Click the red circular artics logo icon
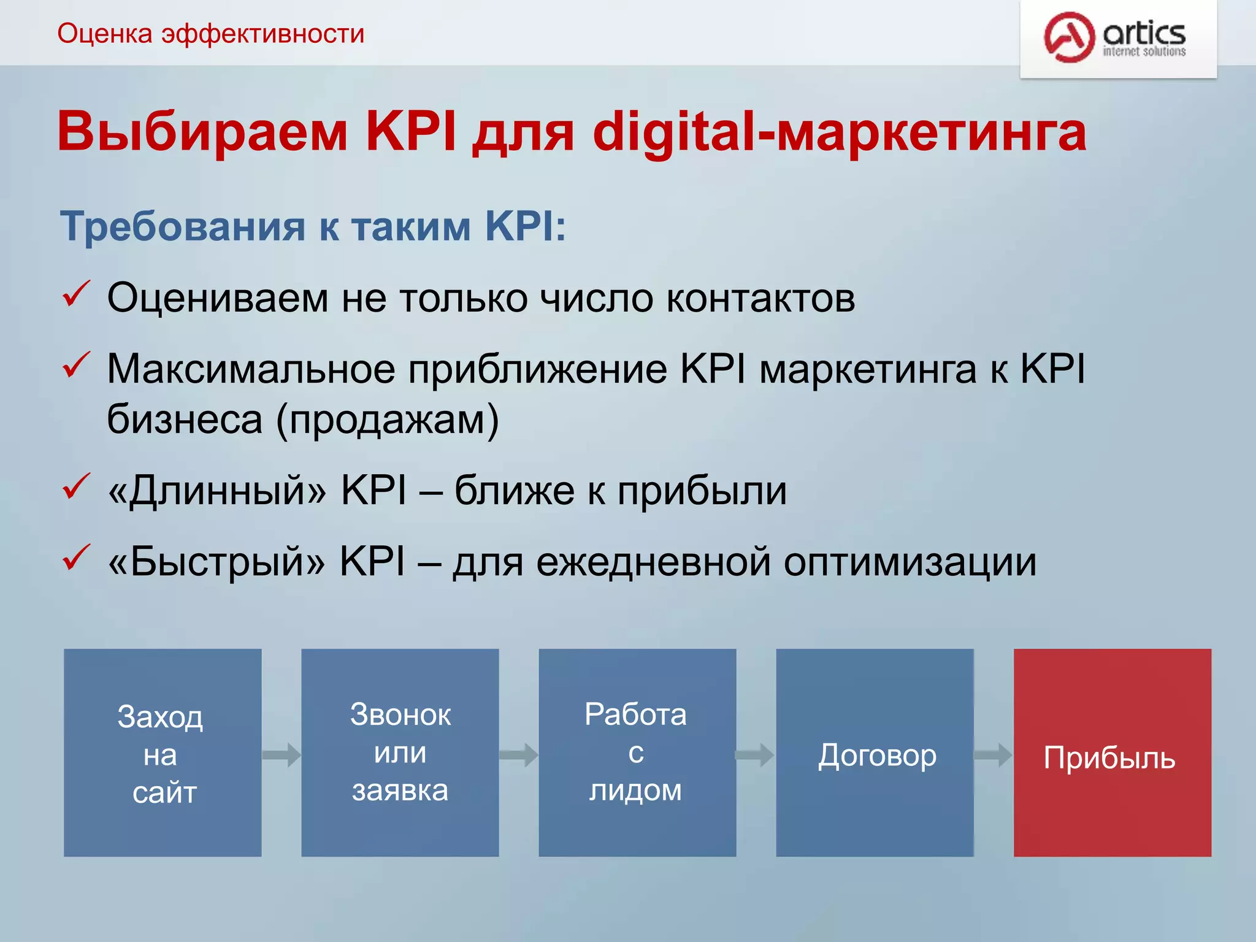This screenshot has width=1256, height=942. tap(1069, 37)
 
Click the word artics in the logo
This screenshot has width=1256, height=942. tap(1144, 32)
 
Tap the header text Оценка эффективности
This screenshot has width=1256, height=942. tap(210, 34)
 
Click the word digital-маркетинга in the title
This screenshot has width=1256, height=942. tap(839, 132)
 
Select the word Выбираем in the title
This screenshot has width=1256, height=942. tap(202, 132)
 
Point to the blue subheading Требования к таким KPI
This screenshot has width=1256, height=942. tap(313, 227)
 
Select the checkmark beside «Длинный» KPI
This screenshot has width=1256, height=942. tap(77, 487)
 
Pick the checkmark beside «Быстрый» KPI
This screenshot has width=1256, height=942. tap(77, 558)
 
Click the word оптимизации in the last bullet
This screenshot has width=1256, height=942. tap(910, 562)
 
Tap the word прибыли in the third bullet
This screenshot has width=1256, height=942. tap(702, 491)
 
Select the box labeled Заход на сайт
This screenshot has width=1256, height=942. tap(163, 753)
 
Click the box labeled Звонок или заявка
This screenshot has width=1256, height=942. tap(400, 753)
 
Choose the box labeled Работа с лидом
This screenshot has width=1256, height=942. tap(637, 753)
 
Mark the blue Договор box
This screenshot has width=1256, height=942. tap(875, 753)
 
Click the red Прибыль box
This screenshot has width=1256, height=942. tap(1112, 753)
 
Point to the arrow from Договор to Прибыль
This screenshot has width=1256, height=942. tap(993, 755)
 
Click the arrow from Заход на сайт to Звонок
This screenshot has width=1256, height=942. tap(281, 755)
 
